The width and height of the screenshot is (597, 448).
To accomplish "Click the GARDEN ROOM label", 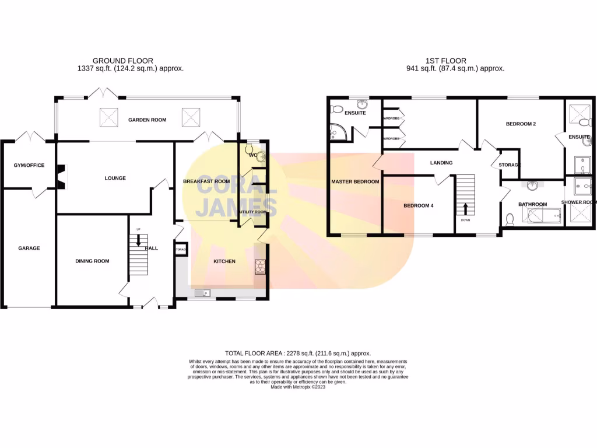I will click(147, 120).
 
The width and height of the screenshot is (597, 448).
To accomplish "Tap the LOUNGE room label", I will click(115, 178).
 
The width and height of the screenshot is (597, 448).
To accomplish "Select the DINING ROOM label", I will click(92, 261).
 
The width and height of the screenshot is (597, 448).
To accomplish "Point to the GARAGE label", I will click(29, 249).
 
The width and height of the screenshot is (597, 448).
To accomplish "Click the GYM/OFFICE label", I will click(29, 166).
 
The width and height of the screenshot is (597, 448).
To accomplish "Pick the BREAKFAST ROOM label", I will click(206, 181).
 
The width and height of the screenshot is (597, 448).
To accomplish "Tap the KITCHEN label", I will click(224, 261).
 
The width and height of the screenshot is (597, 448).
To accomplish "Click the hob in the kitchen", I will click(259, 266).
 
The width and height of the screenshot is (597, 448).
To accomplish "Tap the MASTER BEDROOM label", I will click(355, 182).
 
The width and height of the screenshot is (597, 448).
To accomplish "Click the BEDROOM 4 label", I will click(419, 206).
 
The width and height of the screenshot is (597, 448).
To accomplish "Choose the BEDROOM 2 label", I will click(521, 124).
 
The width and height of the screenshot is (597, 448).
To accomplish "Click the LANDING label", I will click(441, 163).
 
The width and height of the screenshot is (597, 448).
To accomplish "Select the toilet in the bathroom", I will click(510, 219).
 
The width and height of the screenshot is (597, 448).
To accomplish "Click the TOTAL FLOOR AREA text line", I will click(298, 353).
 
